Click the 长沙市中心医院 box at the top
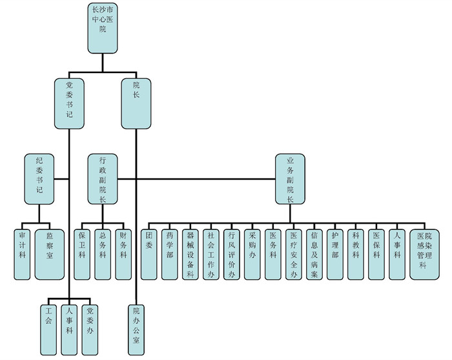pyautogui.click(x=103, y=27)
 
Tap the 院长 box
pyautogui.click(x=136, y=101)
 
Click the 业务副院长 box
pyautogui.click(x=290, y=178)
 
